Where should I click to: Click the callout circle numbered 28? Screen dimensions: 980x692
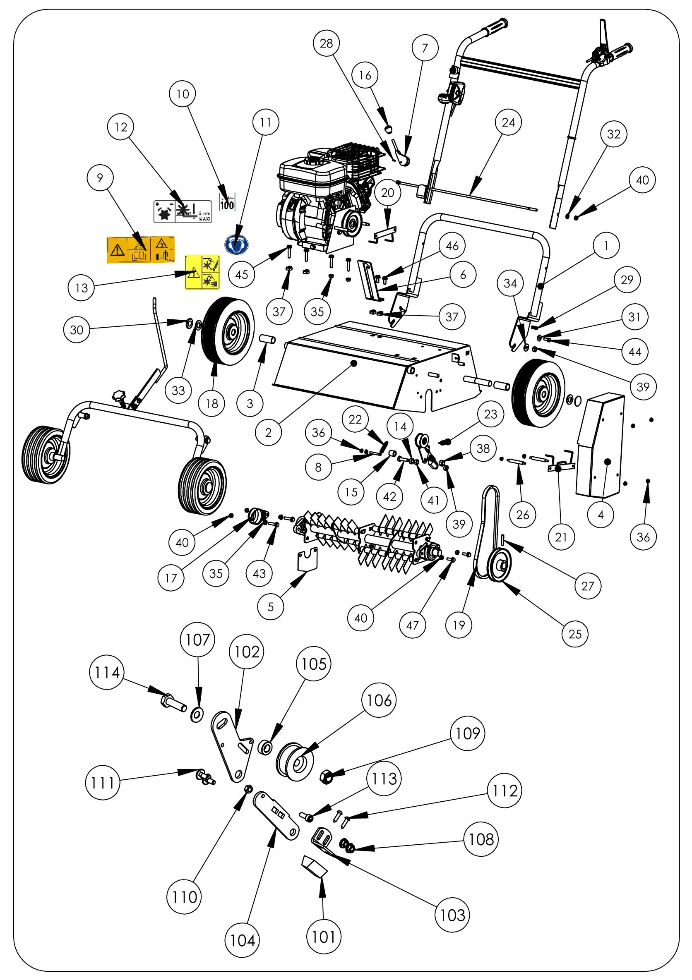pyautogui.click(x=327, y=43)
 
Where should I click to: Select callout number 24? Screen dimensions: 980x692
pyautogui.click(x=508, y=122)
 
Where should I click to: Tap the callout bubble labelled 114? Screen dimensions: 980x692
pyautogui.click(x=107, y=672)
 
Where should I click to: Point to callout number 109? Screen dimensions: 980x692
pyautogui.click(x=468, y=733)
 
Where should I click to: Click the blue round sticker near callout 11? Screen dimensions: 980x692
pyautogui.click(x=236, y=244)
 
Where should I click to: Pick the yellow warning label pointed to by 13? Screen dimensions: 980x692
pyautogui.click(x=202, y=272)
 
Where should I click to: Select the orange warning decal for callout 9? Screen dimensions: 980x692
pyautogui.click(x=141, y=249)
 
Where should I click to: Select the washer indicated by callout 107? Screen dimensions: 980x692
pyautogui.click(x=197, y=714)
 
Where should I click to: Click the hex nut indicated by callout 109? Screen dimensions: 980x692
pyautogui.click(x=327, y=777)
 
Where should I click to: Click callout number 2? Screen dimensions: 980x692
pyautogui.click(x=268, y=432)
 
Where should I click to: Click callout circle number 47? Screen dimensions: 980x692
pyautogui.click(x=412, y=625)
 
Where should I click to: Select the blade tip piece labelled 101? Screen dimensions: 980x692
pyautogui.click(x=315, y=866)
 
